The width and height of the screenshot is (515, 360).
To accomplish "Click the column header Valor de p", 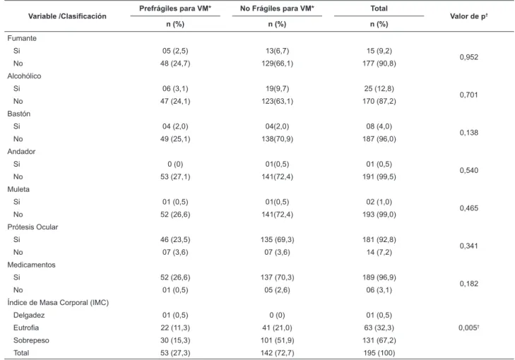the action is click(x=468, y=16).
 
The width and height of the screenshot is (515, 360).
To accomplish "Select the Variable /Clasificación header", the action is click(x=67, y=16).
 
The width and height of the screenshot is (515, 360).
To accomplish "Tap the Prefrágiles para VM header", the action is click(x=175, y=8).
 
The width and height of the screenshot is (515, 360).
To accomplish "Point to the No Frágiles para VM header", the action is click(x=277, y=8).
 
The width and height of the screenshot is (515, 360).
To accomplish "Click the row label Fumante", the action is click(x=22, y=38).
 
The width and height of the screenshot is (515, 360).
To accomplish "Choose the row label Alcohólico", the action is click(x=24, y=76).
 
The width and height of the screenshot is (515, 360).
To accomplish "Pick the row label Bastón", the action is click(x=19, y=114).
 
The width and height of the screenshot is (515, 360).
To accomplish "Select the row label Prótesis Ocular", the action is click(x=32, y=227).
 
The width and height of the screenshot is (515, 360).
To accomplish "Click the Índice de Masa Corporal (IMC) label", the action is click(x=58, y=302).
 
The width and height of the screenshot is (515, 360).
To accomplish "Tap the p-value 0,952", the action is click(x=468, y=57).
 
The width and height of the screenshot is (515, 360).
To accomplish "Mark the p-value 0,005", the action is click(x=468, y=328).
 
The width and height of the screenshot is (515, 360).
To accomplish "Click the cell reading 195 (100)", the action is click(x=379, y=353).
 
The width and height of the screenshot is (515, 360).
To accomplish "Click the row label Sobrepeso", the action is click(x=31, y=340).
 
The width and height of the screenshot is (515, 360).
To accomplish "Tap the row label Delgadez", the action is click(x=29, y=315).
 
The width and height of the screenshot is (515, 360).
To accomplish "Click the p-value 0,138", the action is click(x=468, y=133).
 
